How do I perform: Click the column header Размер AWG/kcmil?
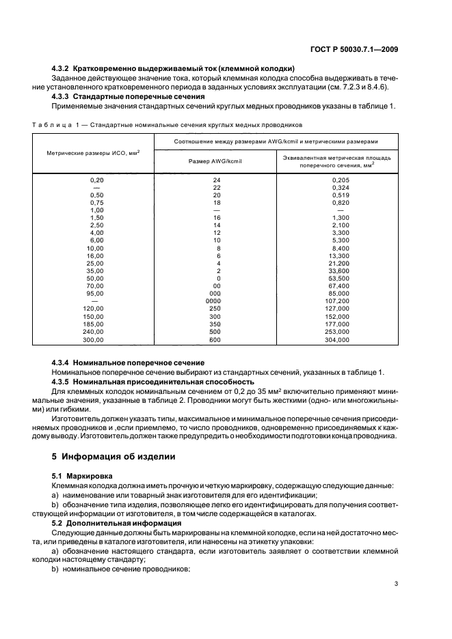[217, 160]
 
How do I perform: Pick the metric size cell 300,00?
[93, 339]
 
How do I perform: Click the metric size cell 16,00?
[93, 255]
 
